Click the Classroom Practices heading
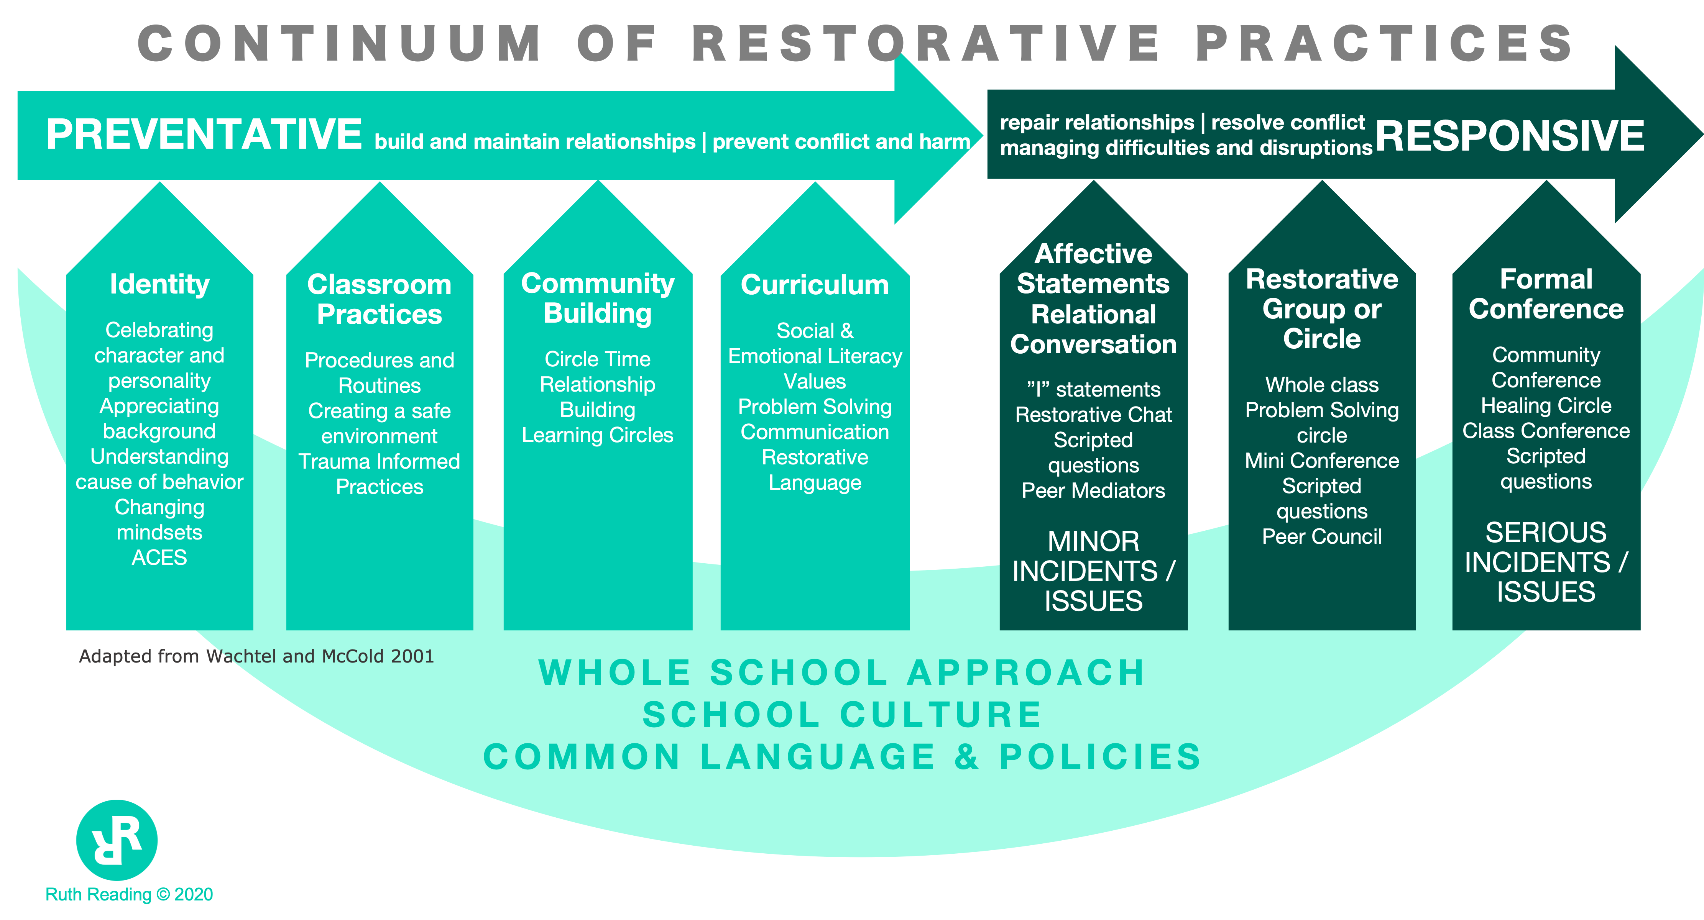point(379,299)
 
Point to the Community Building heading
point(597,298)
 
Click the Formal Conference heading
point(1546,294)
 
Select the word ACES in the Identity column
point(159,558)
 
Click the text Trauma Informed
point(379,461)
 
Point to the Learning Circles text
point(597,435)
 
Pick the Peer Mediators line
point(1093,490)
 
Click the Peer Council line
point(1322,536)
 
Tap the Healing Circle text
point(1546,405)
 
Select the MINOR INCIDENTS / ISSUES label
point(1093,571)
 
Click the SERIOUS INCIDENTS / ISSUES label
point(1546,562)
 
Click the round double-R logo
point(117,840)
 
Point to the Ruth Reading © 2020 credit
point(129,894)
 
